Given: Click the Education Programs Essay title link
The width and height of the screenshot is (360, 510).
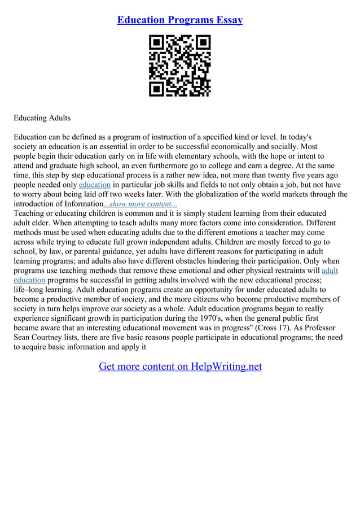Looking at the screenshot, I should [180, 20].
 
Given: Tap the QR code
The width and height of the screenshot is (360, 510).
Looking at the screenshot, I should [180, 66].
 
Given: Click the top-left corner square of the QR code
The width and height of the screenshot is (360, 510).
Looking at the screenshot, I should [157, 43].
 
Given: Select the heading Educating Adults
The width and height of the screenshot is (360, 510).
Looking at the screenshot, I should [42, 118].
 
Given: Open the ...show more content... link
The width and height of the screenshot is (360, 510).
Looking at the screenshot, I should [140, 203].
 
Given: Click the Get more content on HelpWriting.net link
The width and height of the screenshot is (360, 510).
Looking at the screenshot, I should [180, 366].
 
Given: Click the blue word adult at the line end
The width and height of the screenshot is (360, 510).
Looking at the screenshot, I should [329, 271].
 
